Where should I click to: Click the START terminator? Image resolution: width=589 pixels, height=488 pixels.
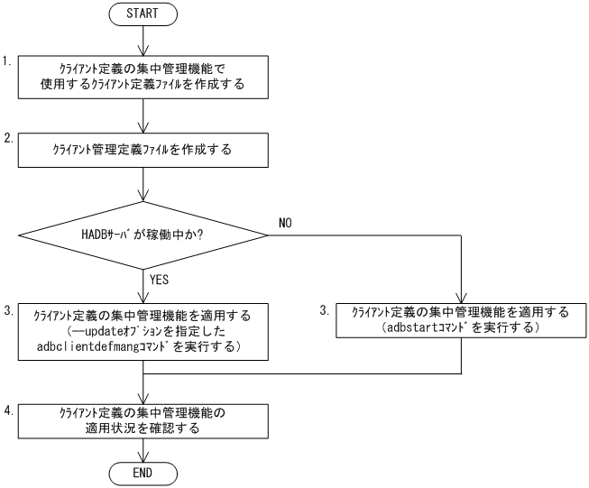[x=144, y=15]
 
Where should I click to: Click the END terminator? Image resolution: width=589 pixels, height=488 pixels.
[x=144, y=473]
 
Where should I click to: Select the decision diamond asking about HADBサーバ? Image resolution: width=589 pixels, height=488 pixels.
[x=144, y=235]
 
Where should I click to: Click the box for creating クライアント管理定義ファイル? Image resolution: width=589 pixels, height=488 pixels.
[x=144, y=150]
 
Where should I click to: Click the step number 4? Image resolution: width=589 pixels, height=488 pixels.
[x=6, y=410]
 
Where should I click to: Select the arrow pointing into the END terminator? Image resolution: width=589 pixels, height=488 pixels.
[x=144, y=452]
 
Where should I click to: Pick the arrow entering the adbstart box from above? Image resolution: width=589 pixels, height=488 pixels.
[x=461, y=280]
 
